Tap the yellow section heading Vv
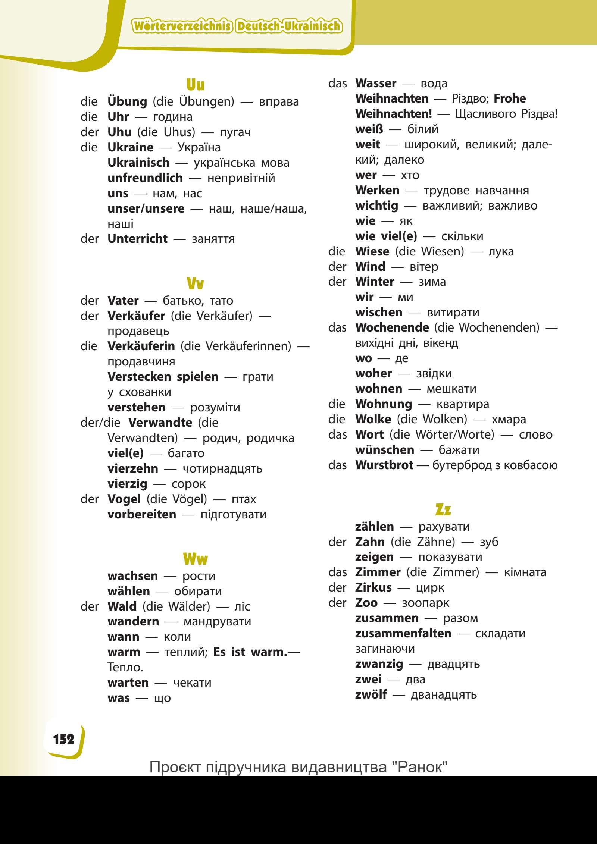[195, 284]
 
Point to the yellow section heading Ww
[195, 559]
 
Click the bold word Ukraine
[130, 147]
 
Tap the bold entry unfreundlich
[145, 178]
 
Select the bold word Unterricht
[137, 239]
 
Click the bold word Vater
[123, 301]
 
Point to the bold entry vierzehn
[133, 468]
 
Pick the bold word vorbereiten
[142, 514]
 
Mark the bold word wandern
[133, 622]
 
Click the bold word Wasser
[376, 83]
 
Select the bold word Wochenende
[392, 327]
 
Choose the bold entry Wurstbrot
[384, 465]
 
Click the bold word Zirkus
[373, 587]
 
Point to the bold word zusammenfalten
[403, 633]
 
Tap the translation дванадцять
[444, 694]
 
